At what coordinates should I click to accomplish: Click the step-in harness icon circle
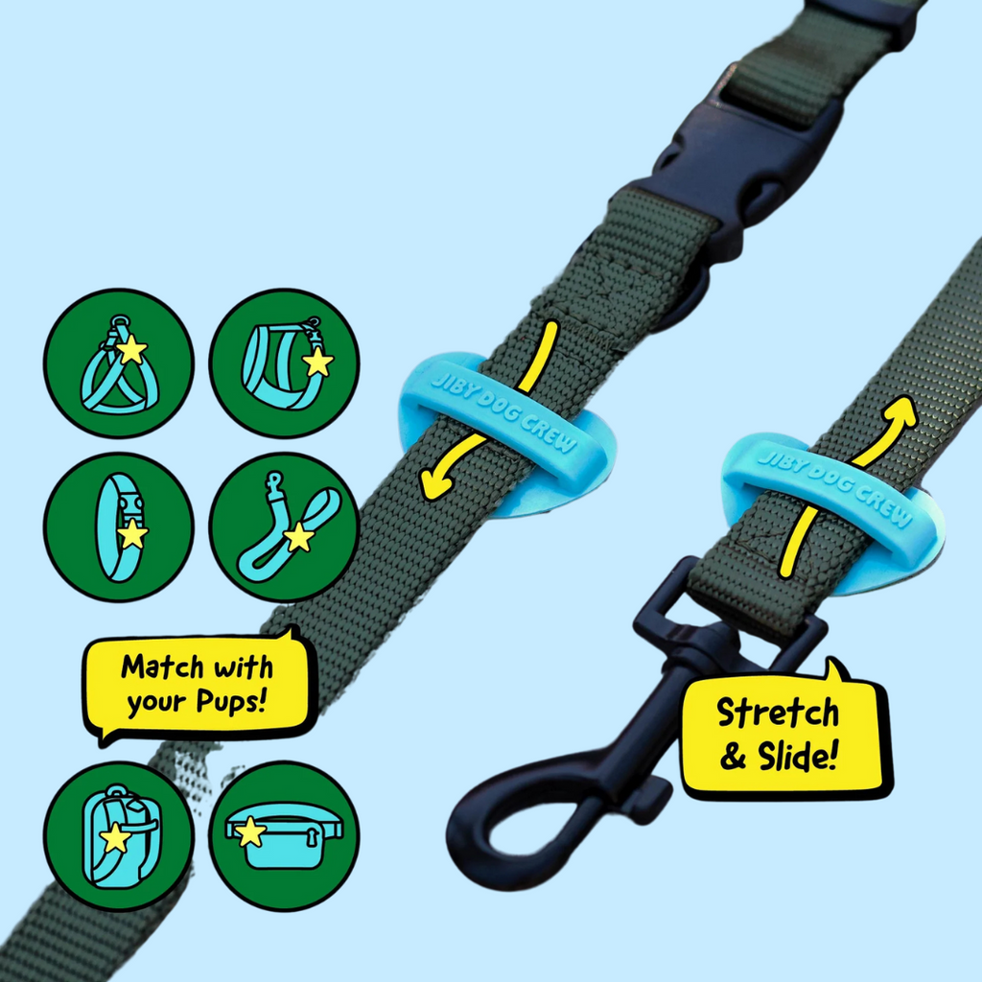[119, 363]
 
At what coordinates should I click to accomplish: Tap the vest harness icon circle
[284, 363]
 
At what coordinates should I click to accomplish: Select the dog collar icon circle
[119, 527]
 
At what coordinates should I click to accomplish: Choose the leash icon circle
[284, 527]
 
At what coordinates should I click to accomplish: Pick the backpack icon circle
[119, 836]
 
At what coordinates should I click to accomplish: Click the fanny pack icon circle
[284, 836]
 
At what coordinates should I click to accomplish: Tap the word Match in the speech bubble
[162, 667]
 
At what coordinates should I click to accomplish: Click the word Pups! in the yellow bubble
[232, 702]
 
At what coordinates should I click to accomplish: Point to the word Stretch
[778, 713]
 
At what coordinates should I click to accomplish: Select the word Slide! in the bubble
[798, 756]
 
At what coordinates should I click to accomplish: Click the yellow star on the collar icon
[132, 535]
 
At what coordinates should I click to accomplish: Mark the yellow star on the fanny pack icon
[250, 831]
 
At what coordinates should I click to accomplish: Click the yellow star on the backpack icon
[115, 837]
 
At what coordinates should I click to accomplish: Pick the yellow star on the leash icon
[299, 537]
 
